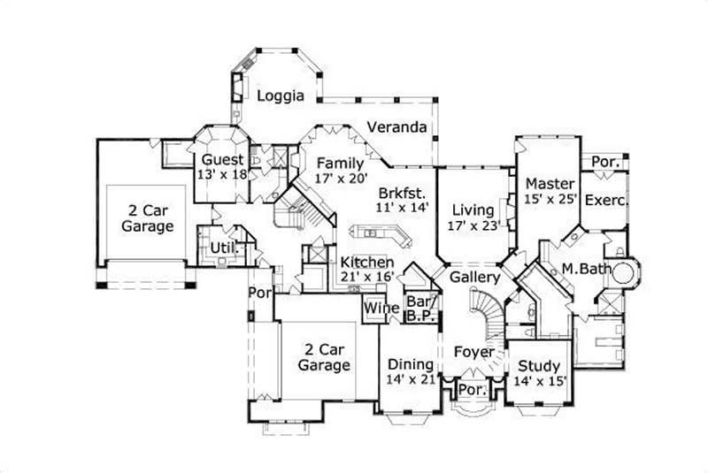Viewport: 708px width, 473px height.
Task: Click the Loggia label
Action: (x=281, y=95)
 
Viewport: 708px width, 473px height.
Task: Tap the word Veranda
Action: (x=397, y=126)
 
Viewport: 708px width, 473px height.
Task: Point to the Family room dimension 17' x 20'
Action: (x=341, y=179)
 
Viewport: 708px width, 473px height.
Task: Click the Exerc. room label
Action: (x=606, y=200)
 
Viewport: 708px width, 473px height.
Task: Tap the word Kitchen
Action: (x=366, y=262)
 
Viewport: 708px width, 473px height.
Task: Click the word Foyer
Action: (x=473, y=352)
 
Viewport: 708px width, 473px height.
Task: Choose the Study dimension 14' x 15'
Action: (x=539, y=381)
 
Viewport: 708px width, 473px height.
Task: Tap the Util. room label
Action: (x=222, y=248)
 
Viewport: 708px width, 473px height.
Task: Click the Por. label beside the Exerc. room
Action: (x=605, y=163)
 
